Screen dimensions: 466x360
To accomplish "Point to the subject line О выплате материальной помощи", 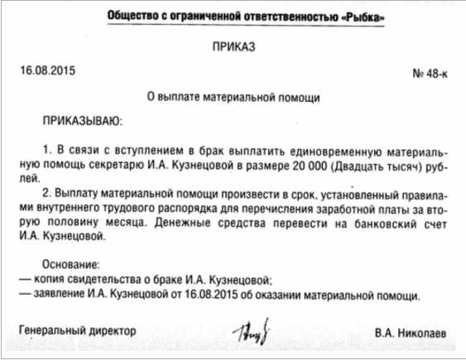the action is (233, 97).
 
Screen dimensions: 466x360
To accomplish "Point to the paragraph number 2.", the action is (46, 195).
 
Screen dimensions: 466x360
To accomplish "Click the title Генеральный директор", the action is (77, 329).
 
